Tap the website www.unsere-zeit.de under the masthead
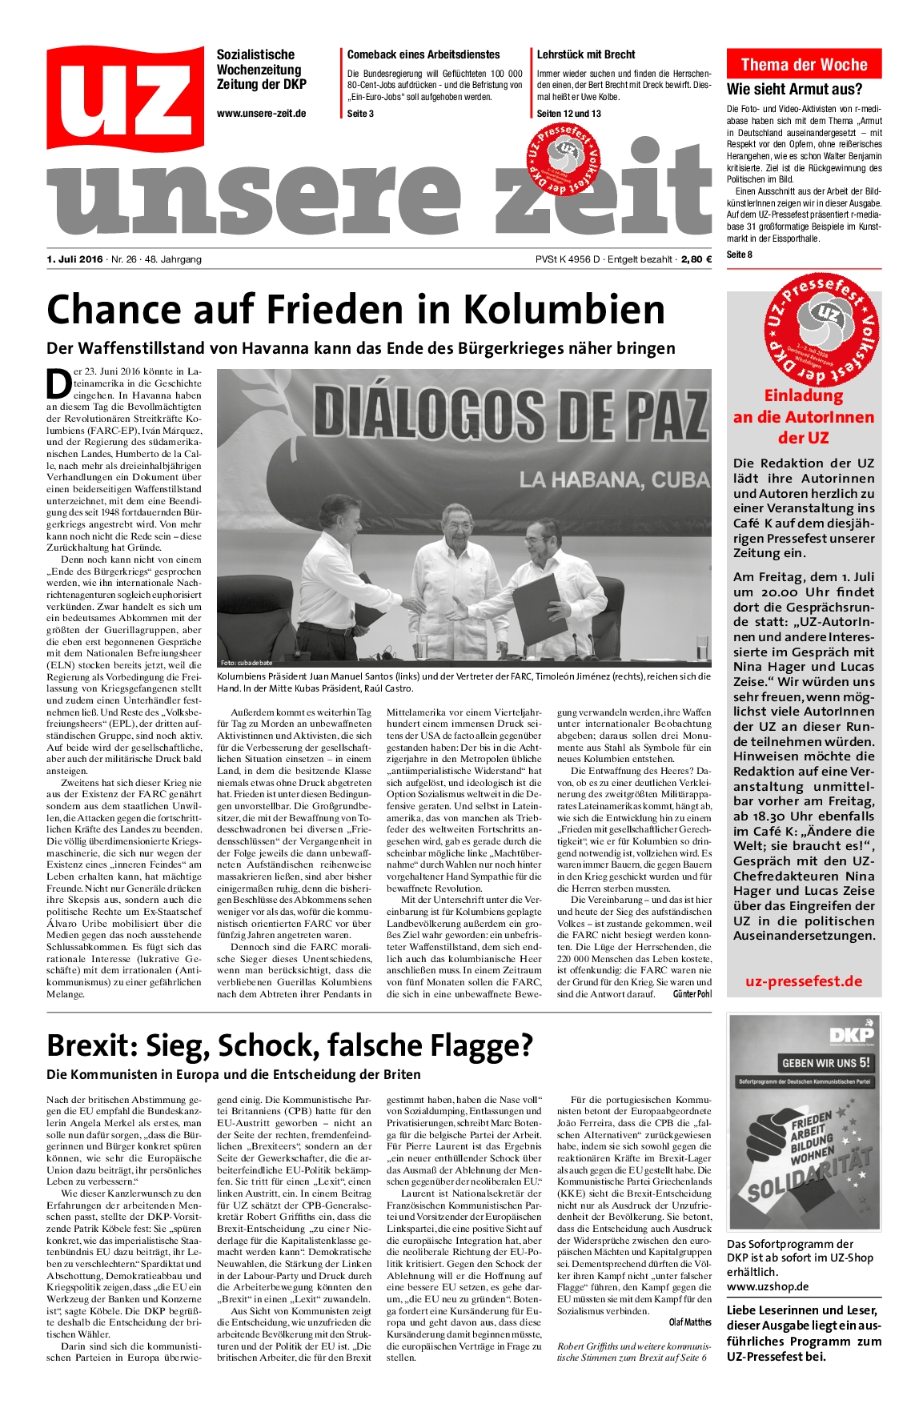tap(261, 114)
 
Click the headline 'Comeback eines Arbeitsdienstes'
tap(423, 54)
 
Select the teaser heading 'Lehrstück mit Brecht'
tap(586, 54)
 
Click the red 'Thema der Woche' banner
tap(804, 65)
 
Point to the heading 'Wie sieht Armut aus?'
tap(795, 89)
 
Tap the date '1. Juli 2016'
tap(75, 259)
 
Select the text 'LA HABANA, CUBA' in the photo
tap(614, 480)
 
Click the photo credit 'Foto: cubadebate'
tap(247, 663)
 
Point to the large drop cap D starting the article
tap(59, 383)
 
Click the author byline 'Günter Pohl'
tap(692, 994)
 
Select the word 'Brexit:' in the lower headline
tap(98, 1045)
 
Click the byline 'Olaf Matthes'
tap(690, 1322)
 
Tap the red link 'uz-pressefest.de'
tap(804, 981)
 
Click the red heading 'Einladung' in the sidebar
tap(804, 395)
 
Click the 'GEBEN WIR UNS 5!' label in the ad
tap(826, 1064)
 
